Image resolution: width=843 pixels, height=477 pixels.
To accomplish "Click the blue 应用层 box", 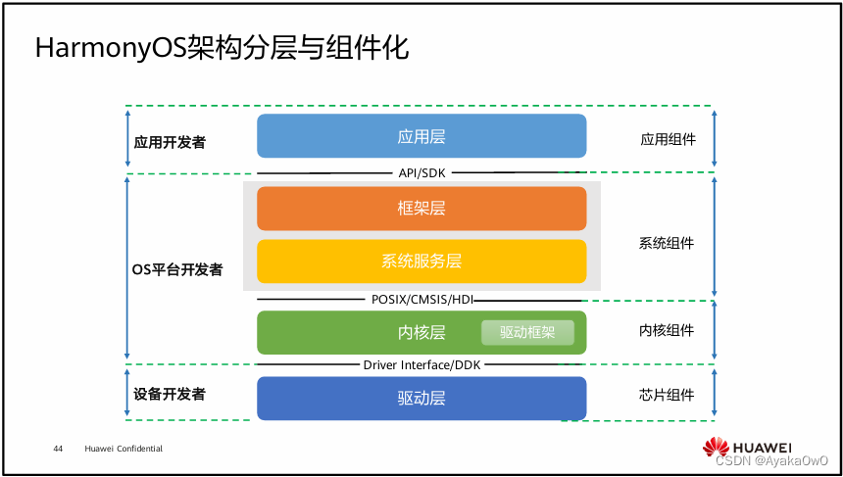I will click(x=421, y=136).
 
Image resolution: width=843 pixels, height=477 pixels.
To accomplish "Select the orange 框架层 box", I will click(x=421, y=209).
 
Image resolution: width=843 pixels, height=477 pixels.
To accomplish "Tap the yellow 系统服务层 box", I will click(x=421, y=262).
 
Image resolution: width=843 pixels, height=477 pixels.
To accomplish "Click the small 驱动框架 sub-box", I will click(x=527, y=332).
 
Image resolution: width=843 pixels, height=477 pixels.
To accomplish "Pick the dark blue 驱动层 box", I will click(x=421, y=399).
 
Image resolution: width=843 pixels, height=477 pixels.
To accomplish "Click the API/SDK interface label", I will click(x=421, y=172).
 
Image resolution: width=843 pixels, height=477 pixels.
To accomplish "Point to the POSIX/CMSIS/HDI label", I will click(x=421, y=300).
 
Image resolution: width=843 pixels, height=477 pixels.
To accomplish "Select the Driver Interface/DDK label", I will click(x=421, y=365).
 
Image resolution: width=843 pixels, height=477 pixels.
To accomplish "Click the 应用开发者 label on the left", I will click(x=170, y=142).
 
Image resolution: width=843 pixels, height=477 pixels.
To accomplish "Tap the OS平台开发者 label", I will click(x=176, y=269).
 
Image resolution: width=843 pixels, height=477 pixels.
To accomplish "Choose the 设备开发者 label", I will click(x=170, y=394).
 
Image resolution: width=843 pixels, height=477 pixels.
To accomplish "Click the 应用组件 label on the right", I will click(x=668, y=139).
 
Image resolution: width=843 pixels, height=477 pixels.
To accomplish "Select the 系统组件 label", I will click(x=667, y=243).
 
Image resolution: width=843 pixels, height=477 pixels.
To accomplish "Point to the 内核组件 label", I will click(x=667, y=331).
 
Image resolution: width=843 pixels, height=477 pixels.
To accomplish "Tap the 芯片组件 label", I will click(x=667, y=395).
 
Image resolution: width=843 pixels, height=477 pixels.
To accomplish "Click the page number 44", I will click(x=58, y=449).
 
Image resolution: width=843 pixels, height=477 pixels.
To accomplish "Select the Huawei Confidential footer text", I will click(x=124, y=449).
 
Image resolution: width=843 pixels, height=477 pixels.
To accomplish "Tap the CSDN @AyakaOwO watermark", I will click(x=771, y=460).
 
